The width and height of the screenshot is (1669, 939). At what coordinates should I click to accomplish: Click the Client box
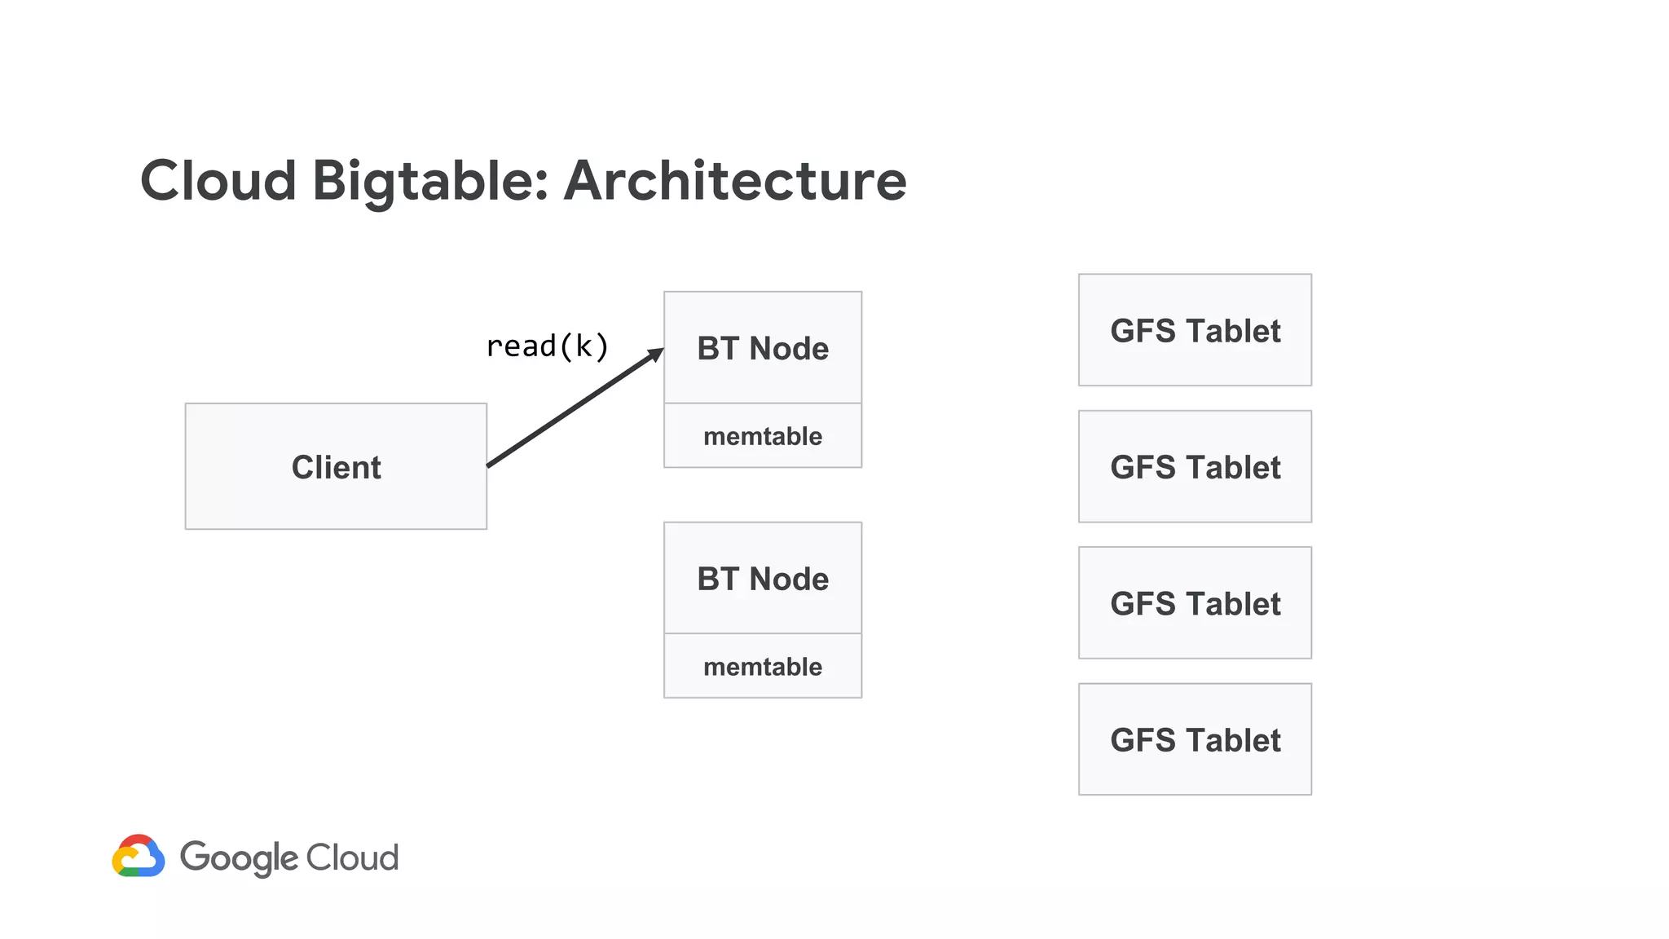(336, 466)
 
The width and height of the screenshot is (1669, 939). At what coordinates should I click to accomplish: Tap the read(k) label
(547, 346)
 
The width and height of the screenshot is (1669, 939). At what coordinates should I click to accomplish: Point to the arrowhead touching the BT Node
(656, 354)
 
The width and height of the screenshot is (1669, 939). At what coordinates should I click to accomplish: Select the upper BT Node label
(763, 348)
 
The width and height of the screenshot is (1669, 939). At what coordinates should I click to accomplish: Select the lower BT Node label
(763, 579)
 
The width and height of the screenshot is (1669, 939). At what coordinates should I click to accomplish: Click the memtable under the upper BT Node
(763, 436)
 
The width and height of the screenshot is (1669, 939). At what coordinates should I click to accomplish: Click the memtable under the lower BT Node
(763, 667)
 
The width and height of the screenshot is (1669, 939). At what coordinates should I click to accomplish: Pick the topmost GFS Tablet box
(1195, 330)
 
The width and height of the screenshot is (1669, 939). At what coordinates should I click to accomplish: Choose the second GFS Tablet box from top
(1195, 466)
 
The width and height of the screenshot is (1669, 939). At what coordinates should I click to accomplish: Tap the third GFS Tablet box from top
(1195, 603)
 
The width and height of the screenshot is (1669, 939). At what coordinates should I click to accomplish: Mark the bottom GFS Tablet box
(1195, 739)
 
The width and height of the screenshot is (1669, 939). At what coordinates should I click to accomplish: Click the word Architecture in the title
(735, 181)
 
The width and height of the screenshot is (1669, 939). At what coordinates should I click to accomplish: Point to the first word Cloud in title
(218, 181)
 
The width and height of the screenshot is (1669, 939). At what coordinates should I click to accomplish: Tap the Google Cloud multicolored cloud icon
(139, 856)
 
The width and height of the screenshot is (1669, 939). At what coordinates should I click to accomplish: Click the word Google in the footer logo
(239, 857)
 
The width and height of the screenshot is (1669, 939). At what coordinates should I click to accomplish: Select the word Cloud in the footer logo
(352, 857)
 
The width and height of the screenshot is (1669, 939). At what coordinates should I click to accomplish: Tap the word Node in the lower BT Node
(789, 579)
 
